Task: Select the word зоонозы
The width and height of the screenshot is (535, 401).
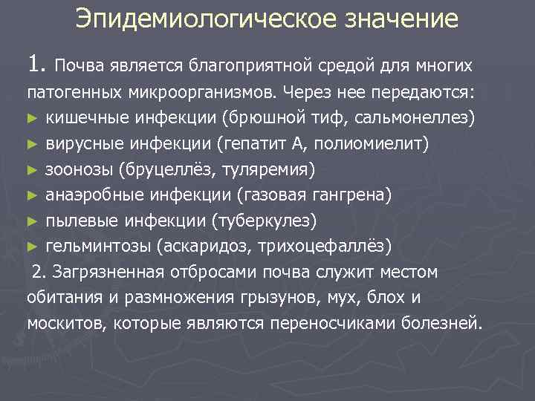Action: [79, 169]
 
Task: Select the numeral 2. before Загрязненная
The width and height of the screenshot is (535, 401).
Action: [39, 273]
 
